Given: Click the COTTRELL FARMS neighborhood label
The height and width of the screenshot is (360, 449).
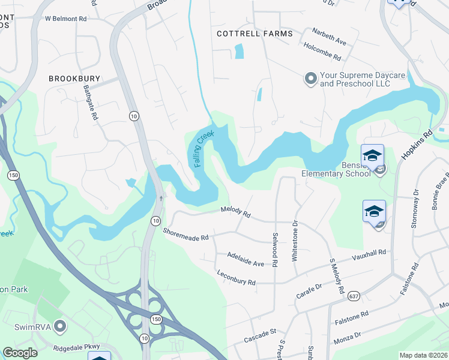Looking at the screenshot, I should click(255, 34).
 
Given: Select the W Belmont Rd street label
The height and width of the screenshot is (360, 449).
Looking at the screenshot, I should click(66, 19).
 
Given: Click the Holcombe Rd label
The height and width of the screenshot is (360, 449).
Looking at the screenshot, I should click(322, 52).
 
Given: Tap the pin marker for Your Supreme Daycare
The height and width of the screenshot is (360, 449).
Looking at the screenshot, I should click(310, 79).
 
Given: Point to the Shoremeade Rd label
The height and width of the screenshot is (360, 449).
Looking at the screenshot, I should click(185, 235).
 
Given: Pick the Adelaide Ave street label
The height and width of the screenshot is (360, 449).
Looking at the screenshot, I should click(246, 259).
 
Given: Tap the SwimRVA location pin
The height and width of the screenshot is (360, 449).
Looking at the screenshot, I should click(59, 327).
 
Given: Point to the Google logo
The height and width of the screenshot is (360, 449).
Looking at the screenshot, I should click(20, 353).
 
